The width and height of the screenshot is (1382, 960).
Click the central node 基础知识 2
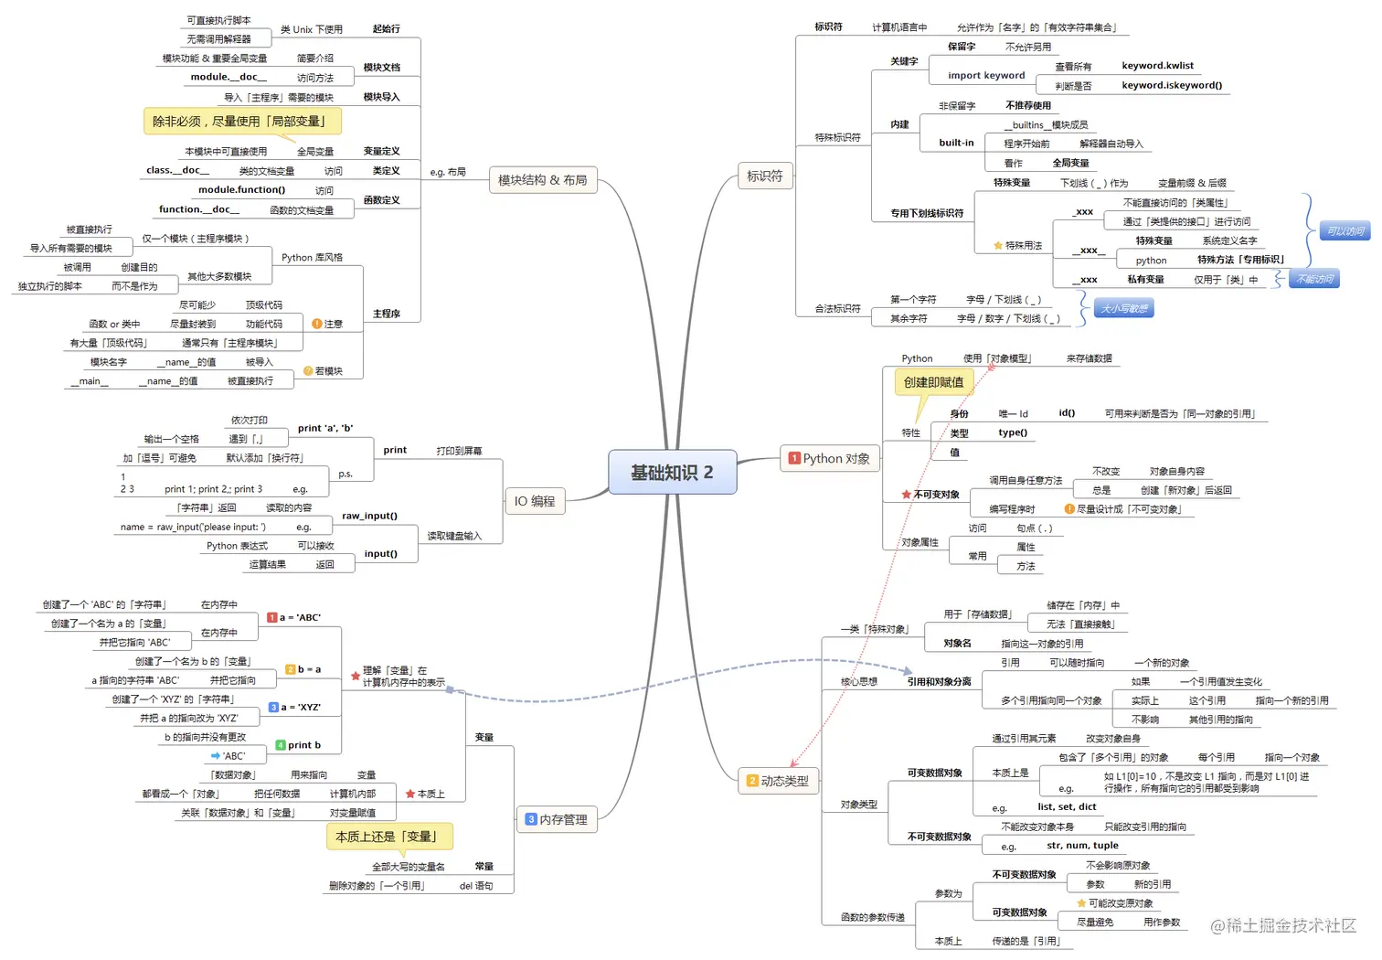[672, 472]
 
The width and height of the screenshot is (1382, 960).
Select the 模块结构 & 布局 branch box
[542, 180]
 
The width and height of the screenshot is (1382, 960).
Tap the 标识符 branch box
[764, 176]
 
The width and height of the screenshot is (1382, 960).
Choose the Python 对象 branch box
[830, 458]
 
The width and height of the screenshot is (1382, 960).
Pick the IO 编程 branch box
[535, 501]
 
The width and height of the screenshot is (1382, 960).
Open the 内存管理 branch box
[557, 819]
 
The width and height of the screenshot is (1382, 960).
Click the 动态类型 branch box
[778, 781]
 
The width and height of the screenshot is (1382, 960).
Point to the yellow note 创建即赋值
[933, 382]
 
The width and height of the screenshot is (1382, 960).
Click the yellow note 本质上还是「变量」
[389, 836]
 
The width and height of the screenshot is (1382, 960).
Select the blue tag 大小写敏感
[1123, 308]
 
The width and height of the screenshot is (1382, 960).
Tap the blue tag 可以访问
[1345, 231]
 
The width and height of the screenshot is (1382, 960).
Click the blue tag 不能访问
[1314, 279]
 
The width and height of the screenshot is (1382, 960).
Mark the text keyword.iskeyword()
[1172, 85]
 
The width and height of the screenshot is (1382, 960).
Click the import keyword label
[986, 76]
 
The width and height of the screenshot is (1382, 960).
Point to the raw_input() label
[369, 516]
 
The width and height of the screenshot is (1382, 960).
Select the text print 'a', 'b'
[324, 428]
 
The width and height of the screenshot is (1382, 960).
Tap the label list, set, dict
[1067, 806]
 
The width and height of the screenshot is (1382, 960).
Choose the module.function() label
[241, 189]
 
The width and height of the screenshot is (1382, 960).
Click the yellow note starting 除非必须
[241, 121]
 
